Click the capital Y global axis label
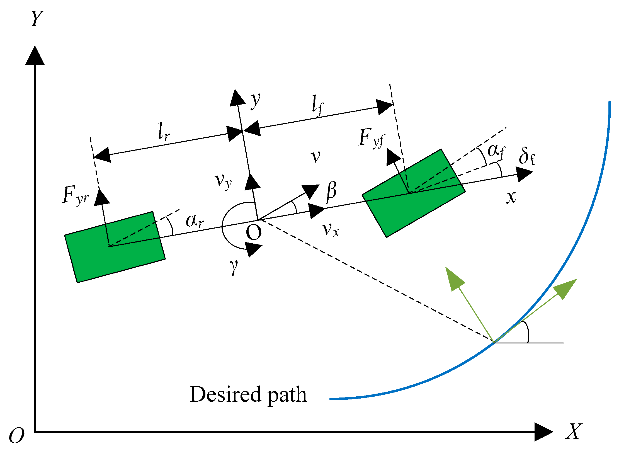click(x=37, y=19)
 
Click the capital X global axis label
click(x=574, y=431)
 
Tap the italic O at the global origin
click(x=17, y=435)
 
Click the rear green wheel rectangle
click(x=115, y=247)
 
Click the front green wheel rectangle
click(x=413, y=193)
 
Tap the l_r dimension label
click(x=164, y=131)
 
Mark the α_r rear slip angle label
click(x=195, y=221)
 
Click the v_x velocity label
click(x=331, y=230)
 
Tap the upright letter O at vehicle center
click(x=254, y=233)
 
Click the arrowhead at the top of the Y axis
click(x=35, y=56)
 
